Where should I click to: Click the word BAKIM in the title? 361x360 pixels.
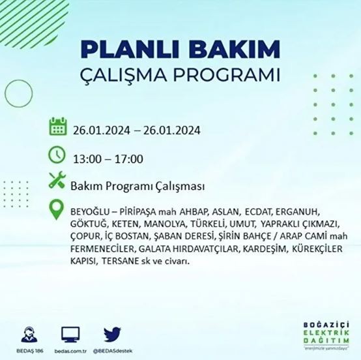click(238, 50)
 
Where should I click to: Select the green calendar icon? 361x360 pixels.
click(59, 127)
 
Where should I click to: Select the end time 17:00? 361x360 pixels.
click(130, 158)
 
